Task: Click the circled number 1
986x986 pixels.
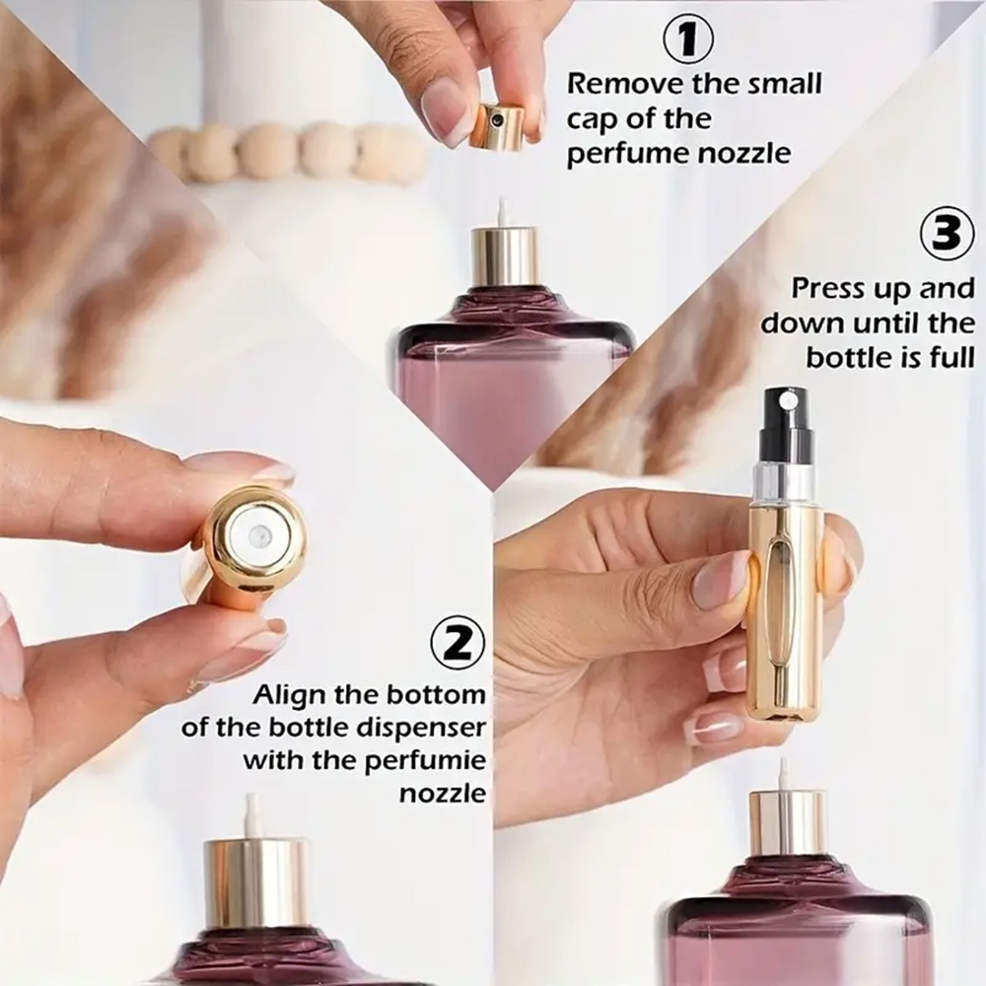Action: click(x=688, y=39)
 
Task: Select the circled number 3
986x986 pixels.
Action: click(x=948, y=232)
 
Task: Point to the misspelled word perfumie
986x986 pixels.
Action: click(x=424, y=761)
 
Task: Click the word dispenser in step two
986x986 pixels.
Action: click(x=422, y=729)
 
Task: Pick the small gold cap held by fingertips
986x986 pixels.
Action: click(x=497, y=126)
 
